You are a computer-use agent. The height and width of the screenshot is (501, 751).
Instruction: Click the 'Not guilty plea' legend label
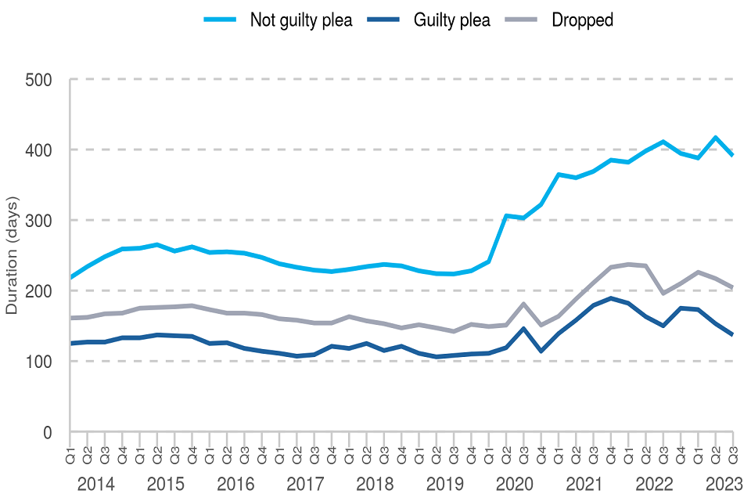click(x=301, y=20)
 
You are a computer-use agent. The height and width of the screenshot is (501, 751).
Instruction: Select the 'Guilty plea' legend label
click(x=452, y=20)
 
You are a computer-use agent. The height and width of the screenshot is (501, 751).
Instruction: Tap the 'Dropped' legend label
click(x=582, y=20)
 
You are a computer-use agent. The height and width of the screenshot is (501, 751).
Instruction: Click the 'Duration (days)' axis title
click(x=13, y=255)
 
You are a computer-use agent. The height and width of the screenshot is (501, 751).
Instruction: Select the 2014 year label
click(x=96, y=484)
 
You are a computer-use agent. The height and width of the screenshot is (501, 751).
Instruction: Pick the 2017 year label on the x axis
click(x=305, y=484)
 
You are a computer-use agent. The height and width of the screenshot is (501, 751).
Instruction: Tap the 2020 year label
click(x=515, y=484)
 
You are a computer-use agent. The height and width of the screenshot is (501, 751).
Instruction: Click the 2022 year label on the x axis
click(x=654, y=484)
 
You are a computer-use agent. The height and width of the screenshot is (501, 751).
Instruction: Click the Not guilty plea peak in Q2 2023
click(x=715, y=138)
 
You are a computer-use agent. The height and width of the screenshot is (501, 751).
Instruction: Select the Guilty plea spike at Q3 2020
click(x=523, y=329)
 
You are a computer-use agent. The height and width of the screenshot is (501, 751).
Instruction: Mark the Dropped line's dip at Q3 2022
click(x=663, y=293)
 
